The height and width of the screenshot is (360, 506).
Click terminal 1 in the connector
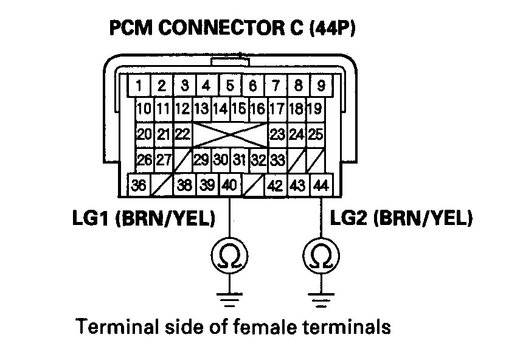coord(139,85)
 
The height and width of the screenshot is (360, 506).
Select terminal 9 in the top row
coord(321,85)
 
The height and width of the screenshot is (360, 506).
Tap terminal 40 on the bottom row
coord(229,185)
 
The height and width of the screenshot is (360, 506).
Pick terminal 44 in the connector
coord(321,185)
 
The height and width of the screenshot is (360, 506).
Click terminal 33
coord(277,161)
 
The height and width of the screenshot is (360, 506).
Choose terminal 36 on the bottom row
coord(139,185)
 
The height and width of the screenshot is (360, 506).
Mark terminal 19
coord(314,110)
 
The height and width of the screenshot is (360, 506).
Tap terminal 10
coord(144,110)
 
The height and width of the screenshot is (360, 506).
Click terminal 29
coord(201,161)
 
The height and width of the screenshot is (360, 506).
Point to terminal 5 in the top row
coord(230,85)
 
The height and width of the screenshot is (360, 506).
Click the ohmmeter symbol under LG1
coord(229,258)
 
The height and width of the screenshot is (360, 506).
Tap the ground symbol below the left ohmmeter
coord(229,299)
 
